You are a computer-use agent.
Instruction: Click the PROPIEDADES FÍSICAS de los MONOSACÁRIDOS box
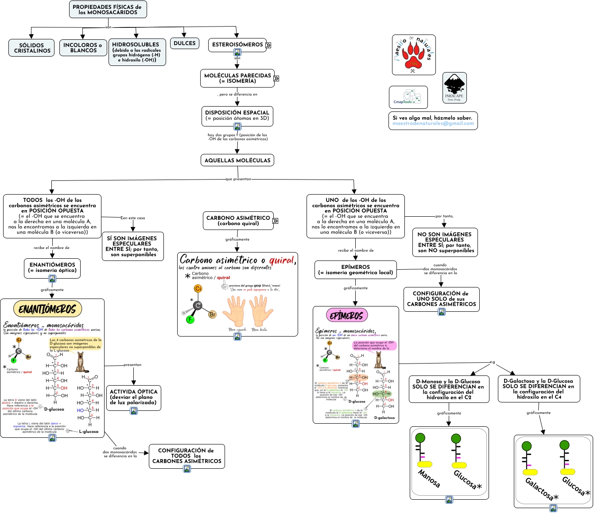108,10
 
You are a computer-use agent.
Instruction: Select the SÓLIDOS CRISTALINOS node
31,48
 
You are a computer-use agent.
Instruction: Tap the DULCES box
185,43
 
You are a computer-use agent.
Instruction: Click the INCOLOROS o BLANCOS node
83,48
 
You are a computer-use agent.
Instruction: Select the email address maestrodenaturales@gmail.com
433,124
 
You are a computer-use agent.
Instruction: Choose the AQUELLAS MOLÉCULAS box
237,160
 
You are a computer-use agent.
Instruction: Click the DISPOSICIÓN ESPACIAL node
237,115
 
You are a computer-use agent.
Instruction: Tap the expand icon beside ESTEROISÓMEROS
268,45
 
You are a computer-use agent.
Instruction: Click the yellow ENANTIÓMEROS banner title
47,309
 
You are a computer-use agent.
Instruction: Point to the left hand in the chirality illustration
233,311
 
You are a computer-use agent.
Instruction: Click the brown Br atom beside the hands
213,314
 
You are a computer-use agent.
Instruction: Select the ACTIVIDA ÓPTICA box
133,397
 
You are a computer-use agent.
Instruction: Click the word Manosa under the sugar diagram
429,479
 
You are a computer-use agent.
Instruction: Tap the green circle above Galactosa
527,446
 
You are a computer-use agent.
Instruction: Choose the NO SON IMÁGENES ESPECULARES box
445,242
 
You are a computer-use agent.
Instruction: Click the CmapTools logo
408,97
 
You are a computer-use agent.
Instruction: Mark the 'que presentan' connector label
238,179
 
